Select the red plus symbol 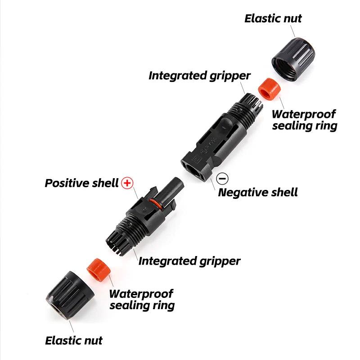tap(128, 183)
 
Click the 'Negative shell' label tap(258, 193)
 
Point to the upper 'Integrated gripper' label tap(199, 75)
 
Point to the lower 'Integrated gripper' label tap(189, 261)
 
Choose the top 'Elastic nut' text tap(273, 18)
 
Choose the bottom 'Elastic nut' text tap(74, 340)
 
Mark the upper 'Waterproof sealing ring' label tap(305, 120)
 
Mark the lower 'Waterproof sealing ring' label tap(142, 300)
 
